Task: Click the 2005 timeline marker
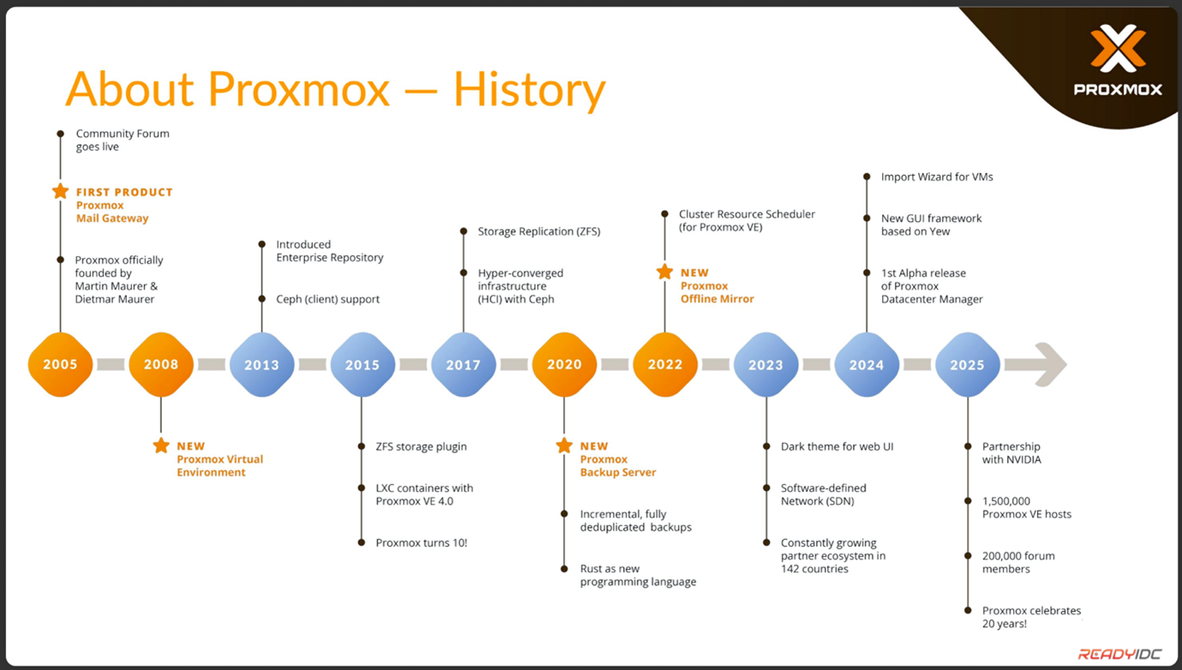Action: [60, 364]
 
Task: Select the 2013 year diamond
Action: [261, 364]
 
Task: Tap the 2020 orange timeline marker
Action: [564, 364]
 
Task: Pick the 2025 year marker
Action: [967, 364]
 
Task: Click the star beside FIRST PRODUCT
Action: [61, 191]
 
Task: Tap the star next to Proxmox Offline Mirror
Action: [665, 272]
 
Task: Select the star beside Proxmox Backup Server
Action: [564, 446]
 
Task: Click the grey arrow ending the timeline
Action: [1035, 364]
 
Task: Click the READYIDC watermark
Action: [1119, 655]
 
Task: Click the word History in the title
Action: [529, 90]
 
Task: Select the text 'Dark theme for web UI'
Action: [837, 446]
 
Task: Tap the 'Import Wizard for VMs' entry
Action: [937, 176]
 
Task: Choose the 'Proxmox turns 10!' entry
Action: [421, 543]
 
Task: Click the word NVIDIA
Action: [1023, 459]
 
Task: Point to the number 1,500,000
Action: [1005, 501]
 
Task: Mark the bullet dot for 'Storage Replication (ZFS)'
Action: [464, 231]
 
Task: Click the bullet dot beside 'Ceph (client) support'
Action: [261, 299]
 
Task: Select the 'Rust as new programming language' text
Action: [638, 575]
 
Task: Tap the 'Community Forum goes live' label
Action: [123, 140]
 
